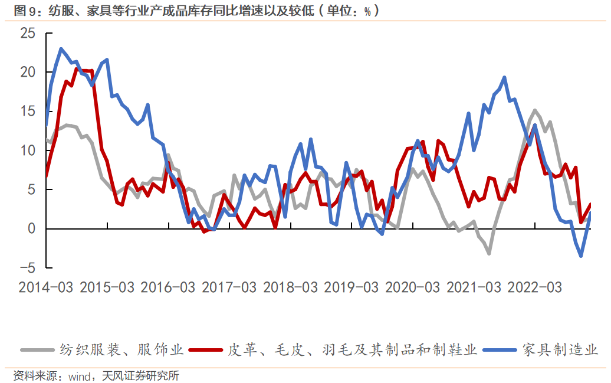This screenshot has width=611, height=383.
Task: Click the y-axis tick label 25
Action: pyautogui.click(x=28, y=34)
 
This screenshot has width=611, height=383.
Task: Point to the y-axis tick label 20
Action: pyautogui.click(x=28, y=73)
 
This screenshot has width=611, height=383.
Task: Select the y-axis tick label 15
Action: pyautogui.click(x=28, y=112)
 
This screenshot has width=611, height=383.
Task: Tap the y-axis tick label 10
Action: pyautogui.click(x=28, y=150)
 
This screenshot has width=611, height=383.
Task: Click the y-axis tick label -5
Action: pyautogui.click(x=25, y=267)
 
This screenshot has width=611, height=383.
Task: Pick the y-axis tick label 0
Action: pyautogui.click(x=32, y=228)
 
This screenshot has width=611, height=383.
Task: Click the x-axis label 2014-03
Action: pyautogui.click(x=46, y=287)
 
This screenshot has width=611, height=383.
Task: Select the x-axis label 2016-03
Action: pyautogui.click(x=168, y=287)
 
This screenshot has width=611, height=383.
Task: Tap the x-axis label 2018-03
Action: pyautogui.click(x=290, y=287)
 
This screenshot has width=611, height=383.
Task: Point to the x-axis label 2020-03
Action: pyautogui.click(x=413, y=287)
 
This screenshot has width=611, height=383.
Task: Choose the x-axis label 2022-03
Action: pyautogui.click(x=535, y=287)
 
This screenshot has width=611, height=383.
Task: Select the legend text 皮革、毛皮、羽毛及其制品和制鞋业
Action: pyautogui.click(x=352, y=350)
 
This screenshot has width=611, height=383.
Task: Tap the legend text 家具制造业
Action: pyautogui.click(x=560, y=350)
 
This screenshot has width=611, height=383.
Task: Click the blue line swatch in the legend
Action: pyautogui.click(x=500, y=350)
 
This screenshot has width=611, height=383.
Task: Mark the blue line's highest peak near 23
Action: pyautogui.click(x=61, y=49)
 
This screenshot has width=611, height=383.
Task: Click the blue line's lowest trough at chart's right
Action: pyautogui.click(x=581, y=256)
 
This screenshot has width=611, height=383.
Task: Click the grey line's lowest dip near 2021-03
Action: pyautogui.click(x=489, y=253)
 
